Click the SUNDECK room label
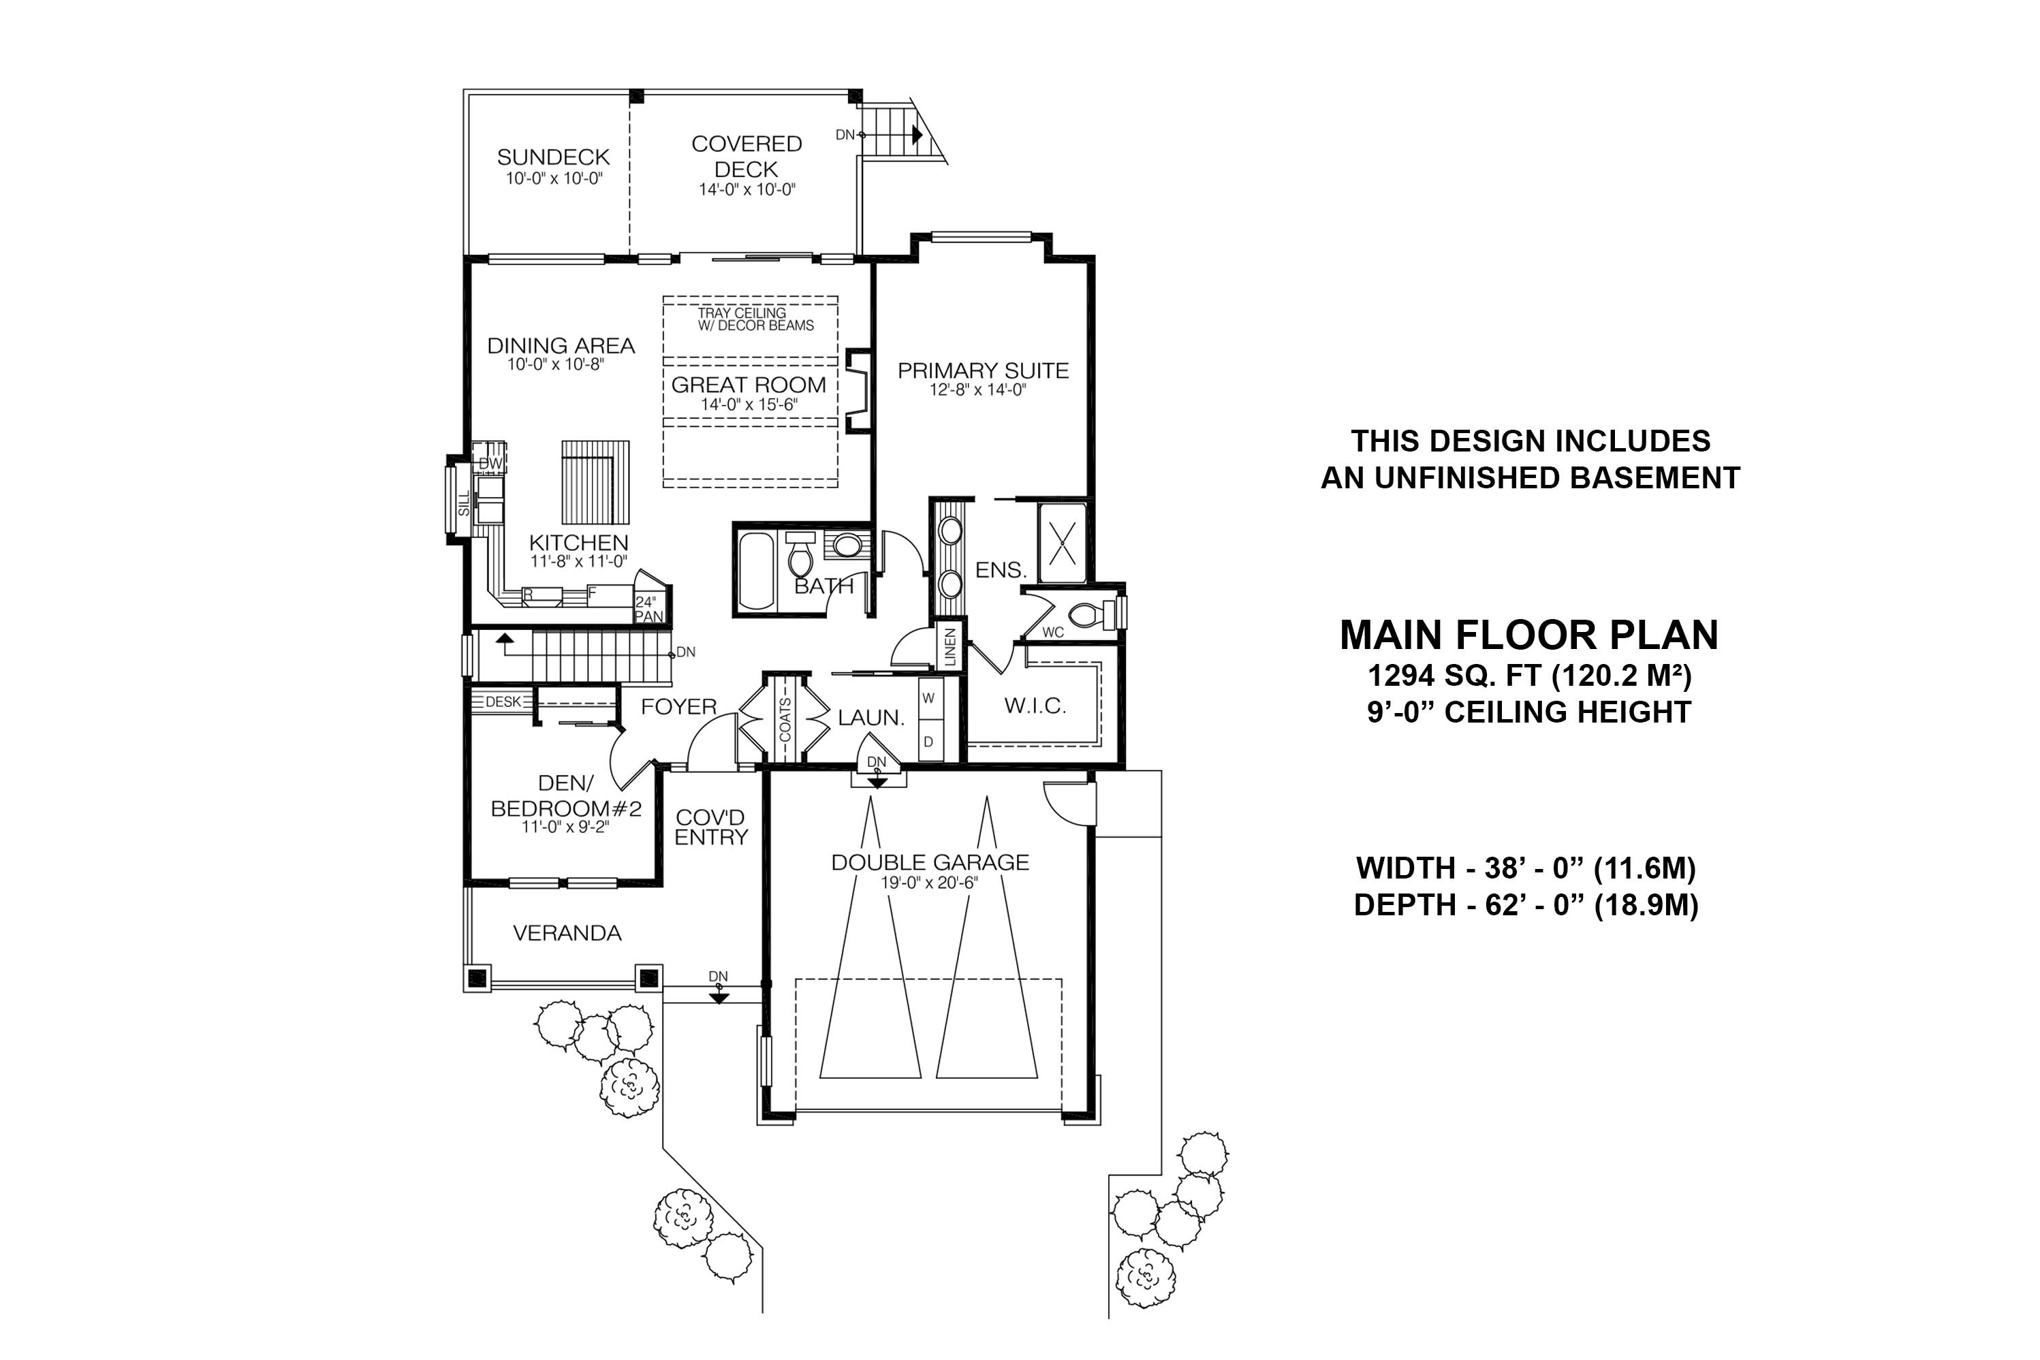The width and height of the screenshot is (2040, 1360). click(553, 157)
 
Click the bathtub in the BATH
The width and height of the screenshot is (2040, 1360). click(757, 571)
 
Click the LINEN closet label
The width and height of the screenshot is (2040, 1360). click(950, 647)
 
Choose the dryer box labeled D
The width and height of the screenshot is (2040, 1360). click(929, 742)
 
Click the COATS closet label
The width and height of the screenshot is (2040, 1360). click(786, 719)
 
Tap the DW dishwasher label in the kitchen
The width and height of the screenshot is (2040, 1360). click(490, 463)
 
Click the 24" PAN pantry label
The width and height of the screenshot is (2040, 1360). click(648, 609)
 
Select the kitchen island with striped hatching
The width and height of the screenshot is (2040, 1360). click(595, 481)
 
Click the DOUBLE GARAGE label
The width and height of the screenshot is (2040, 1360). click(930, 862)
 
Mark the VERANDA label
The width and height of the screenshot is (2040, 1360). click(567, 933)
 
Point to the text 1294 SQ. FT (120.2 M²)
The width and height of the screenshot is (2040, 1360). click(1529, 675)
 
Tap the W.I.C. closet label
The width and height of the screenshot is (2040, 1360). click(1035, 706)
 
